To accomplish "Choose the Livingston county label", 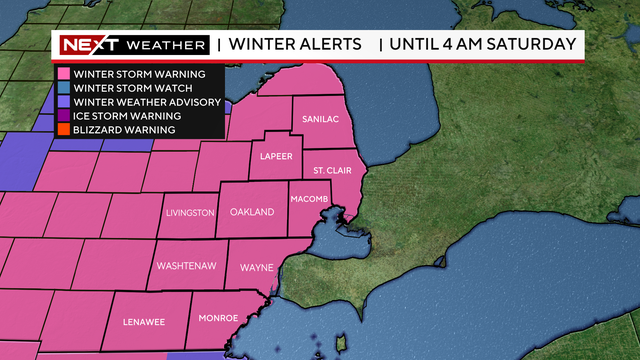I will [190, 212].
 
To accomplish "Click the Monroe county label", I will [218, 318].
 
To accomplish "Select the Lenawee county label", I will [143, 322].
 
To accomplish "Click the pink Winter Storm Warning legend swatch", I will [61, 74].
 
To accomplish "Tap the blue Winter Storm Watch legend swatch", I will [61, 88].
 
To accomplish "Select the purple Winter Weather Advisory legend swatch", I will [61, 102].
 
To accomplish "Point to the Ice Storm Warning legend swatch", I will [61, 116].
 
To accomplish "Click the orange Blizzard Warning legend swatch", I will [61, 130].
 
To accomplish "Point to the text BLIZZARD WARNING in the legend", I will [122, 130].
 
